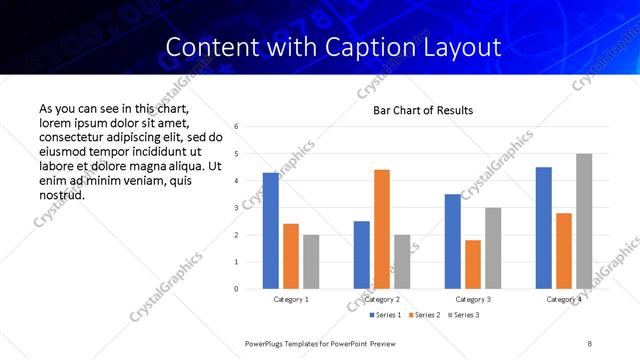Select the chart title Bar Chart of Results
[423, 110]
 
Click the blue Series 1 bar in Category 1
[271, 231]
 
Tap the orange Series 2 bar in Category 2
[382, 229]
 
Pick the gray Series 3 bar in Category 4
[584, 221]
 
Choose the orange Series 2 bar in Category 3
[473, 264]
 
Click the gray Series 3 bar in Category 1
[311, 261]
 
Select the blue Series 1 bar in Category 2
[362, 255]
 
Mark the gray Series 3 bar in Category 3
[493, 248]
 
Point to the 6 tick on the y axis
[236, 127]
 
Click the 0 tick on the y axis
[236, 289]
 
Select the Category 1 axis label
[291, 299]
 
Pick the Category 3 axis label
[473, 299]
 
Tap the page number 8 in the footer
[590, 343]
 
